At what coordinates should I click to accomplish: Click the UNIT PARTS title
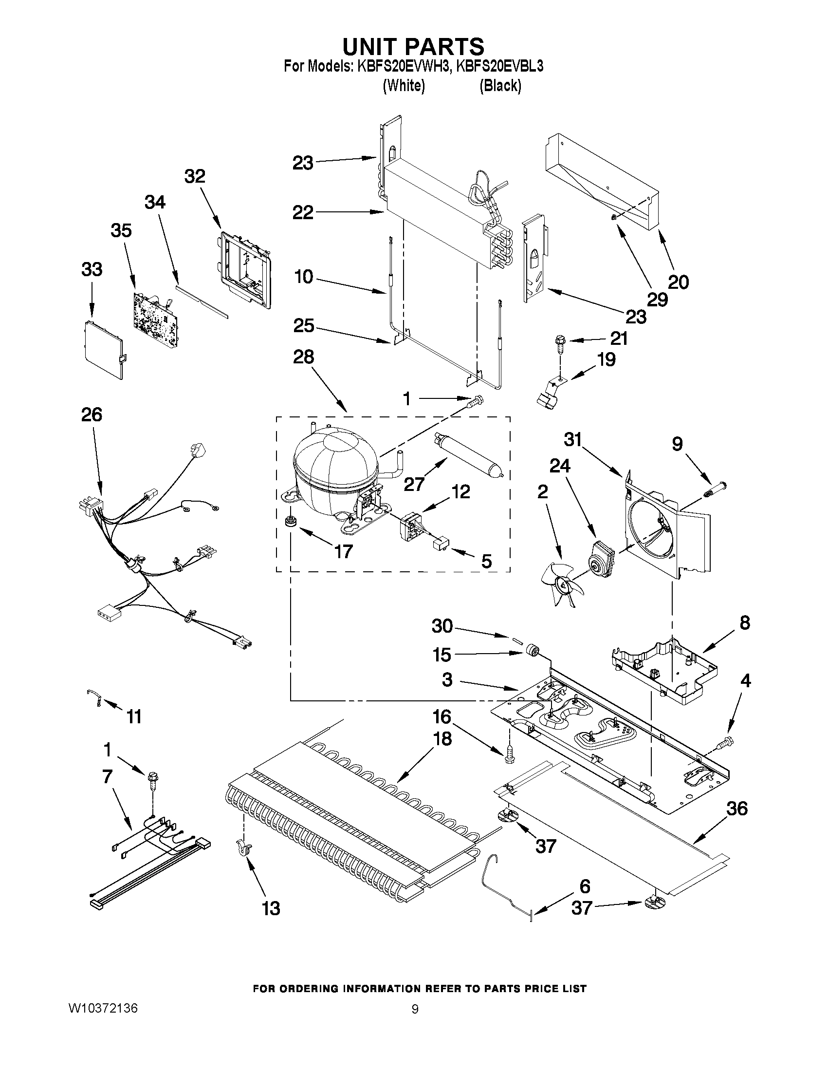pos(413,46)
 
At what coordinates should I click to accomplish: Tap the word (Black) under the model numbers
pos(500,86)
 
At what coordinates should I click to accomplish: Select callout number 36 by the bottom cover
pos(737,809)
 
